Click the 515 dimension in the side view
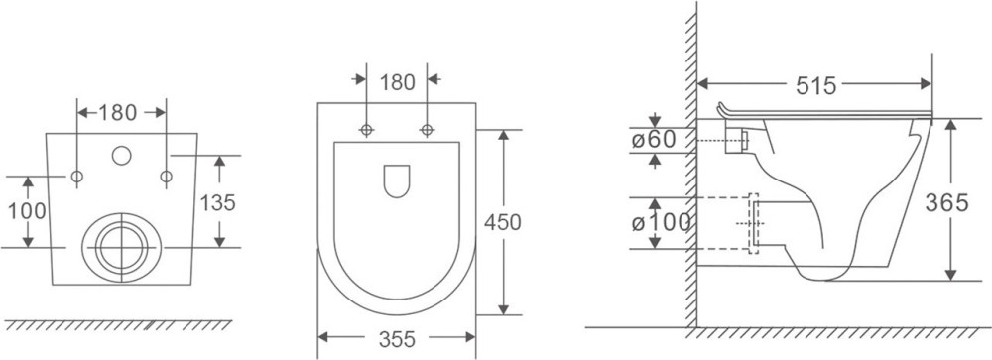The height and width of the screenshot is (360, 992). [815, 84]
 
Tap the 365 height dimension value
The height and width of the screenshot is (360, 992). [946, 202]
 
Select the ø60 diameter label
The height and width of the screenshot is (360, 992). [654, 139]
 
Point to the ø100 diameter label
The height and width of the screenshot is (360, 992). [661, 223]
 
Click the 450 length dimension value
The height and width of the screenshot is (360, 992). [502, 222]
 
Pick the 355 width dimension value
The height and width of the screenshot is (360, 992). [397, 340]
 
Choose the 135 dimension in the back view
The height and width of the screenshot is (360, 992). [217, 202]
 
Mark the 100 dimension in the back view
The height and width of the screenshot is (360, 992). [27, 210]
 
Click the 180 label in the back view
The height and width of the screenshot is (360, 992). [118, 113]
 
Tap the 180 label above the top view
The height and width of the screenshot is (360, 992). [397, 82]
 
